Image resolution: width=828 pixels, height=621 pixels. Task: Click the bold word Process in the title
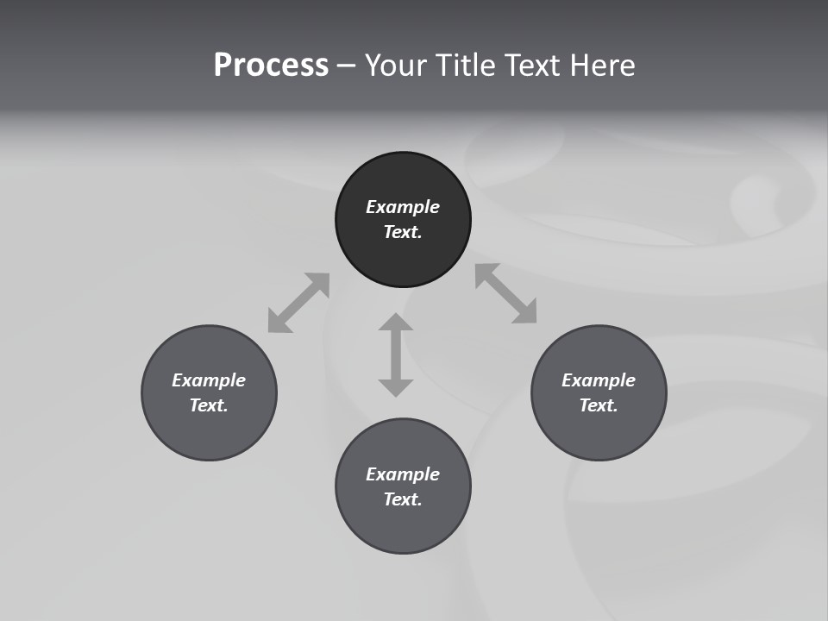click(x=271, y=66)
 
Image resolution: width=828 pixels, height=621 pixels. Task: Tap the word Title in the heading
click(x=467, y=66)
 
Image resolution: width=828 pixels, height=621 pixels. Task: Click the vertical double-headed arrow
click(x=396, y=354)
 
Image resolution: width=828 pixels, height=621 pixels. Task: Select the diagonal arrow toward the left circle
click(x=298, y=303)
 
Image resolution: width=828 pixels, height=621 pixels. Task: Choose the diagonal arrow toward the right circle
click(x=506, y=293)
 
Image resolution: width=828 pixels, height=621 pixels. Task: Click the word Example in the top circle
click(x=403, y=207)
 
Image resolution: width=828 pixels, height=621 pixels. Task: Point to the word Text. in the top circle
click(x=403, y=232)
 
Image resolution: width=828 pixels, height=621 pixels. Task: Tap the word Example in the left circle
click(x=209, y=380)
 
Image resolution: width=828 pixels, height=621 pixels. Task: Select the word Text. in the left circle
click(x=209, y=405)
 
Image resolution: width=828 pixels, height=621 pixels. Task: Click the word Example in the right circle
click(x=599, y=380)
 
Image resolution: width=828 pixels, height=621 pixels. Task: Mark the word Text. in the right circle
click(x=599, y=405)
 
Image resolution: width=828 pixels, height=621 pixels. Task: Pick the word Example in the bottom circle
click(x=403, y=474)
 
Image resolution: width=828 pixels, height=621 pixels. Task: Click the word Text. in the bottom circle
click(x=403, y=499)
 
